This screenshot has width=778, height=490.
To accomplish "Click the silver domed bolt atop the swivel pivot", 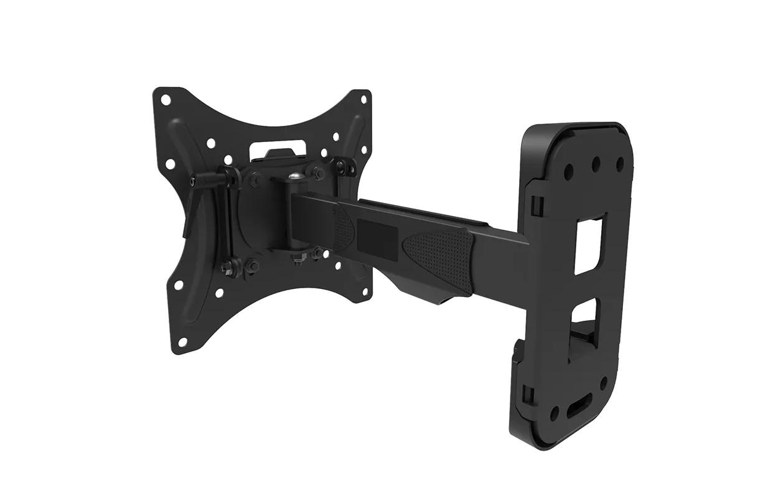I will point(296,176).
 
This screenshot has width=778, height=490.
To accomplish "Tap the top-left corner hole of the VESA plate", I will point(166,99).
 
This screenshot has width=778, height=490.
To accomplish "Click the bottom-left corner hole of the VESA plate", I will point(182,342).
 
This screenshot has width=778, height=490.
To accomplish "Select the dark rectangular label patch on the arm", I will point(377,237).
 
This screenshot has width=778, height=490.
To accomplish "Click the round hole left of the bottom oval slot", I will point(554,413).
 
